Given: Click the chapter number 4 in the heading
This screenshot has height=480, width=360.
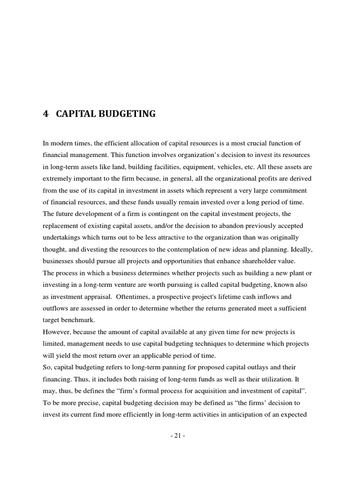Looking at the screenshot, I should click(x=45, y=114).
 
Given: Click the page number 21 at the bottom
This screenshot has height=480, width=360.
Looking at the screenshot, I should click(x=178, y=435).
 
